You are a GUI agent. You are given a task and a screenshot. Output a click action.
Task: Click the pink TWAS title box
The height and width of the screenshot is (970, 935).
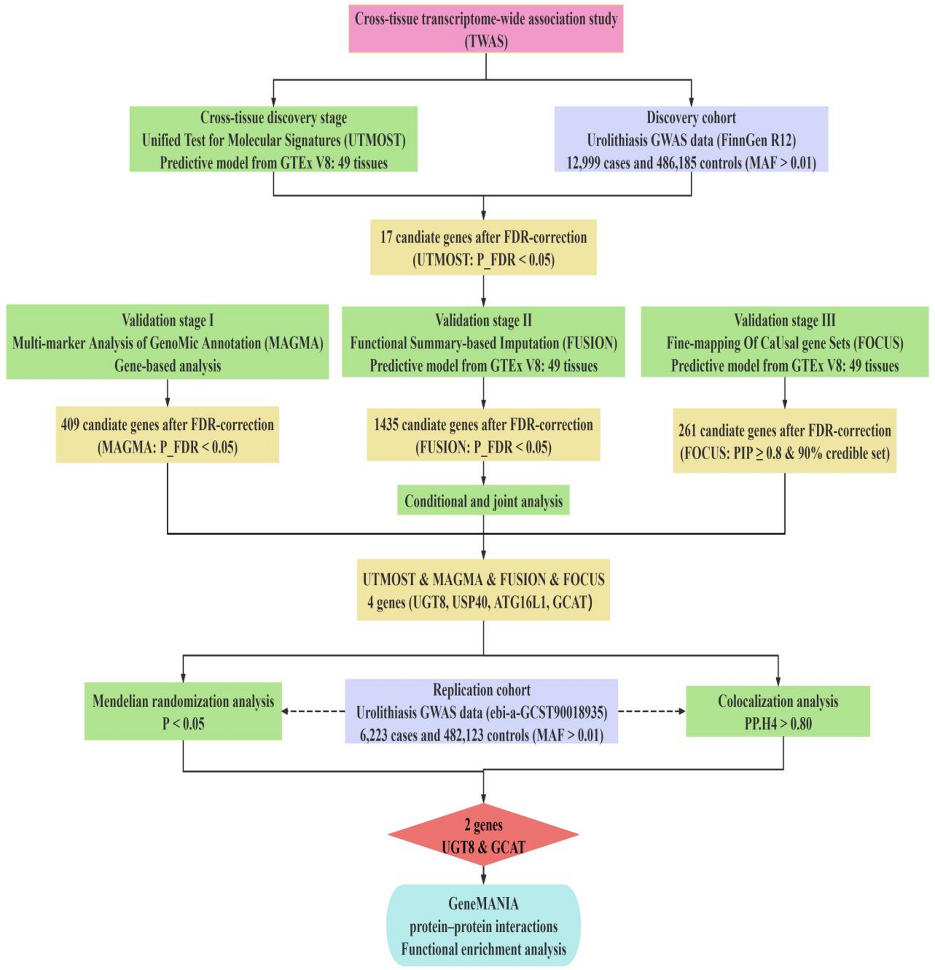[x=486, y=29]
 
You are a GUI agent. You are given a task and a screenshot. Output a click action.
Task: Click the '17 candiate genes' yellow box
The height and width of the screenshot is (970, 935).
[x=483, y=247]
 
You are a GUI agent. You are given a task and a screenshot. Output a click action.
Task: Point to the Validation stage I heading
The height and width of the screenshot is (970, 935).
[x=167, y=320]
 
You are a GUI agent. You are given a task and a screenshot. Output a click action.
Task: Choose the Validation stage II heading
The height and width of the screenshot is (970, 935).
[x=483, y=320]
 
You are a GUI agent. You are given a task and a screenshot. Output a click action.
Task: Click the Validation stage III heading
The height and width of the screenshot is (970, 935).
[x=784, y=320]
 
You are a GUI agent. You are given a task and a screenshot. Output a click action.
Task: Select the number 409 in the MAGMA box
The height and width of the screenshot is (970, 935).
[x=70, y=425]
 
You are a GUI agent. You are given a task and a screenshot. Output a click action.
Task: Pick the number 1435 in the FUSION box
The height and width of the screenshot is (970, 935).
[x=386, y=425]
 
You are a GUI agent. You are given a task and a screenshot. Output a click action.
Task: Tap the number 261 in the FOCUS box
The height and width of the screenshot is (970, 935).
[x=687, y=431]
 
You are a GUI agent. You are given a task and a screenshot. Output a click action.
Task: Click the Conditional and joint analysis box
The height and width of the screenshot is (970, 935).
[x=483, y=501]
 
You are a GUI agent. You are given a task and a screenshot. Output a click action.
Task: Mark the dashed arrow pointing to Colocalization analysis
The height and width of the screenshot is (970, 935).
[x=651, y=712]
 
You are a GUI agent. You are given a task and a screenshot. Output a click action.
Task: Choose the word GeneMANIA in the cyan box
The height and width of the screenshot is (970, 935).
[x=483, y=904]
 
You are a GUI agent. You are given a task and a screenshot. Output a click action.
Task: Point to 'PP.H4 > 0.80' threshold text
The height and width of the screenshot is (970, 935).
[x=778, y=724]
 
